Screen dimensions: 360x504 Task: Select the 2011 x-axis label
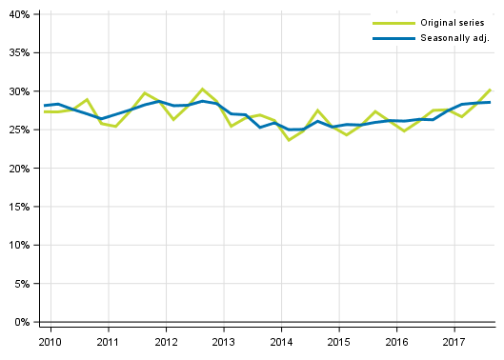108,342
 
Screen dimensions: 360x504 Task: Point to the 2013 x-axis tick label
223,342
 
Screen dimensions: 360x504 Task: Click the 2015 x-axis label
338,342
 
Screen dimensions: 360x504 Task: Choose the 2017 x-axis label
454,342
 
